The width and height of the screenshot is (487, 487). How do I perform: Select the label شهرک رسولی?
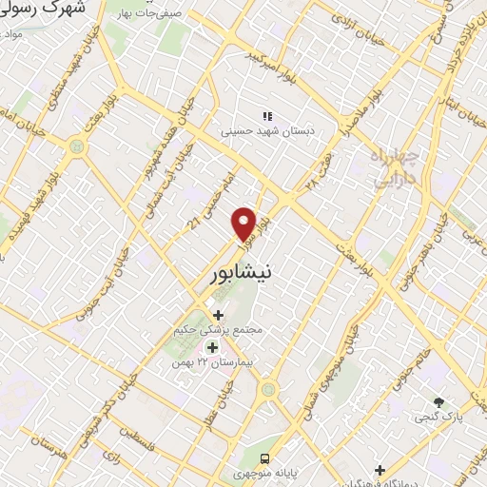tap(43, 10)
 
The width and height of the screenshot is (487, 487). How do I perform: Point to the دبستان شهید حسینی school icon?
tap(268, 114)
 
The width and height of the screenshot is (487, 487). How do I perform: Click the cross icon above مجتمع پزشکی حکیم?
tap(218, 314)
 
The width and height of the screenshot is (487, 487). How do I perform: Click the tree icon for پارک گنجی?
tap(438, 402)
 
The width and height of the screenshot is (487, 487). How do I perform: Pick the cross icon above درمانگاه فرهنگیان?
tap(380, 470)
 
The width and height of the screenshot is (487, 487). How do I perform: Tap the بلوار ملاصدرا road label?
tap(365, 113)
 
